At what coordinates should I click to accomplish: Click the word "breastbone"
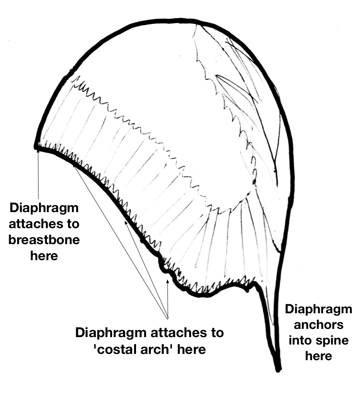(x=44, y=240)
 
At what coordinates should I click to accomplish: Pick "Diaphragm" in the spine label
(x=319, y=309)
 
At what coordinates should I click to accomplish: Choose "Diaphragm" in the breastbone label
(x=44, y=208)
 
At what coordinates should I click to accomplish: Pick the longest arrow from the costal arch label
(x=117, y=234)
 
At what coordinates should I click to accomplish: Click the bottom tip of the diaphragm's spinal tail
(x=278, y=369)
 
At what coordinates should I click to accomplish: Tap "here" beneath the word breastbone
(x=44, y=256)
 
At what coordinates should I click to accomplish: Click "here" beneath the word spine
(x=319, y=356)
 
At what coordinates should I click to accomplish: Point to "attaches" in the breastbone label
(x=44, y=224)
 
